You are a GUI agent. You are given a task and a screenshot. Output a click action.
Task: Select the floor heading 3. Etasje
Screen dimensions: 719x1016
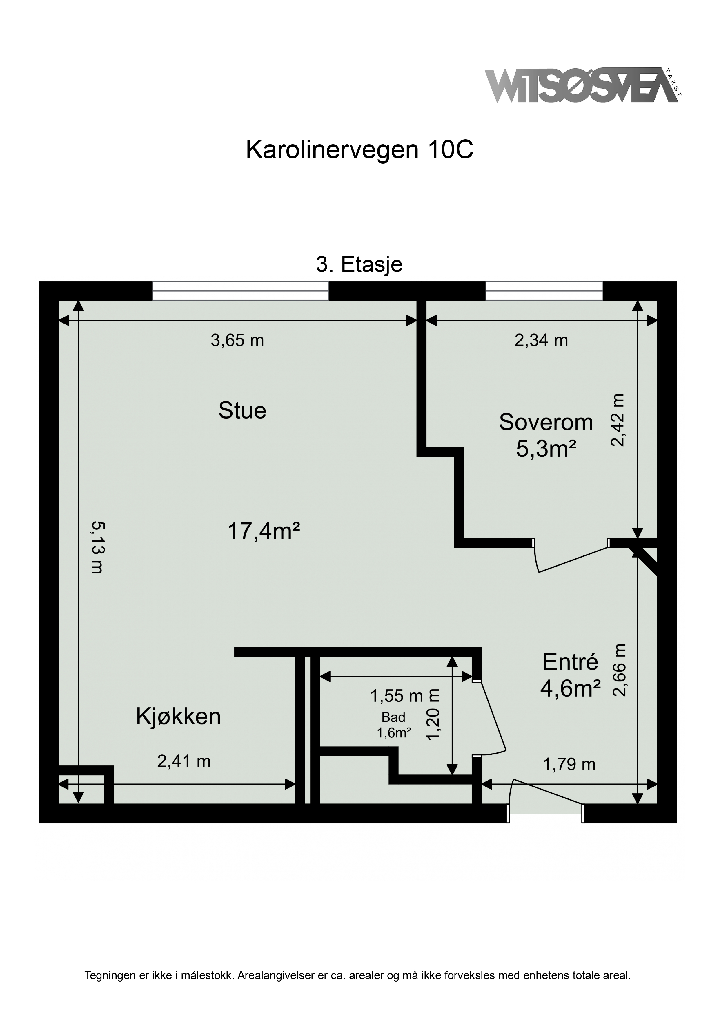click(359, 265)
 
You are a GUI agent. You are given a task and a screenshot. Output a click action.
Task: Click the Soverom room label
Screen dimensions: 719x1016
click(546, 422)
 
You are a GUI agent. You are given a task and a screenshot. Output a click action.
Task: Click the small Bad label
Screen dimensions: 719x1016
click(393, 717)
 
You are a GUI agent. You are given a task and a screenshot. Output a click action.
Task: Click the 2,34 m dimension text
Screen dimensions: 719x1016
click(541, 340)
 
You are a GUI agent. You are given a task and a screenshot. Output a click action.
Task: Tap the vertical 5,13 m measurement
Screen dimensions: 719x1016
click(97, 547)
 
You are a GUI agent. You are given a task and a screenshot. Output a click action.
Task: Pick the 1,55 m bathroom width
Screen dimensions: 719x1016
click(397, 696)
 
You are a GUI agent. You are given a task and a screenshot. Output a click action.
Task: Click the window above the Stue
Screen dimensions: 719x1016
click(241, 291)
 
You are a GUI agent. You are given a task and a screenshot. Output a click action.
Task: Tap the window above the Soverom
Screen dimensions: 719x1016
click(544, 291)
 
